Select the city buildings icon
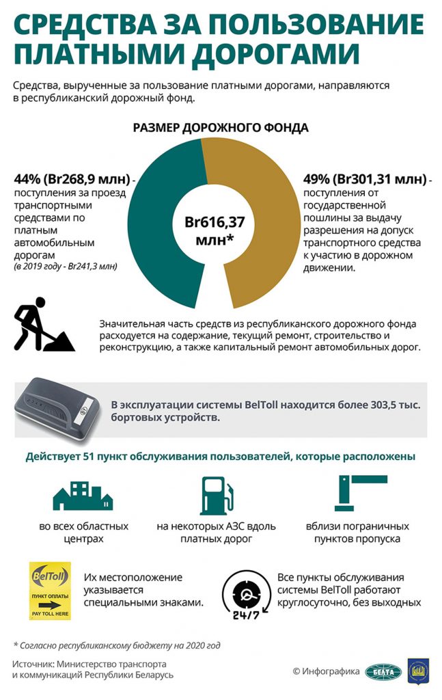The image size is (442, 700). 83,496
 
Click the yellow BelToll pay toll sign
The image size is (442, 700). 50,590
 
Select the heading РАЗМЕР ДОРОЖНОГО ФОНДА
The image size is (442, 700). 220,128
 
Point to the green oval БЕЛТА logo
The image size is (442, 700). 382,671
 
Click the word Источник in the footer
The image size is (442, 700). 32,664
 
